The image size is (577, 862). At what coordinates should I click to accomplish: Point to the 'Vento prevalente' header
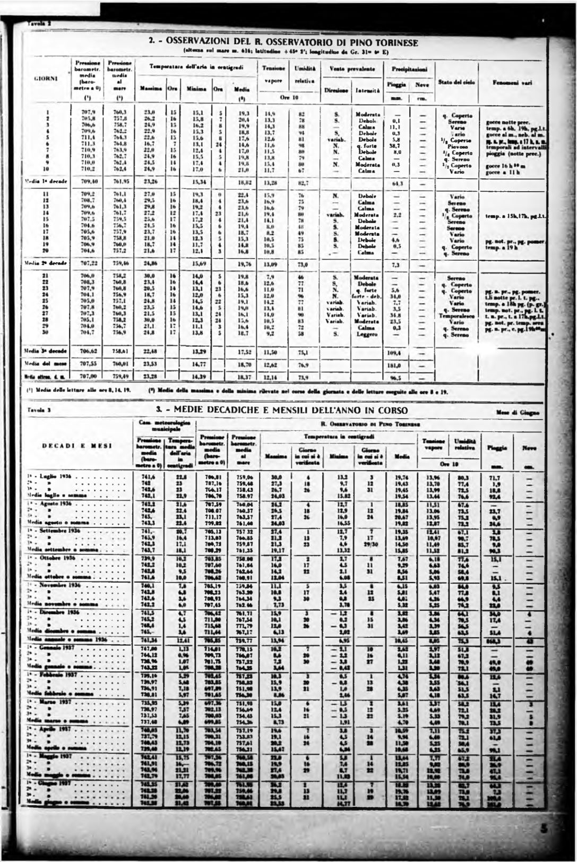(352, 69)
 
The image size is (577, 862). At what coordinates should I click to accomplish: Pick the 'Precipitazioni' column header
(407, 69)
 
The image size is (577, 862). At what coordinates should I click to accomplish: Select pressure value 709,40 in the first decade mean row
(88, 181)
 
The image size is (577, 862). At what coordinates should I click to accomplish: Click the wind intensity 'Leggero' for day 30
(366, 334)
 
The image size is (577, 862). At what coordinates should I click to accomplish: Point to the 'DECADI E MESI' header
(77, 446)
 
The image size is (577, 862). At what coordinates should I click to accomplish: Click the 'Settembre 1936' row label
(53, 531)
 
